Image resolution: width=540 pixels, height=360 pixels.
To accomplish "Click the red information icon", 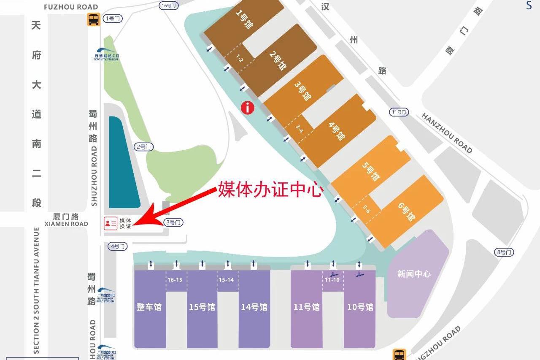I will (x=248, y=108).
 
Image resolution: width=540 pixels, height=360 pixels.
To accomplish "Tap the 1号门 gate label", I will (x=113, y=19).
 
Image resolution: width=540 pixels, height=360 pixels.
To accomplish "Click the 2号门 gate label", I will (x=143, y=147).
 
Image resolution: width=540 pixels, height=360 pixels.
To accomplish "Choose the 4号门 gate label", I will (x=117, y=246).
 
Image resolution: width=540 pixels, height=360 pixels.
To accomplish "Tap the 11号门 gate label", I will (x=399, y=112).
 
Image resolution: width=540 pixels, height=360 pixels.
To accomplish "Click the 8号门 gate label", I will (x=504, y=252).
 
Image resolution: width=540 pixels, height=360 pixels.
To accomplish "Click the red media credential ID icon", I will (x=111, y=223).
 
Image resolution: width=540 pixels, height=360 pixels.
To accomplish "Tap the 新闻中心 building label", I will (x=414, y=274).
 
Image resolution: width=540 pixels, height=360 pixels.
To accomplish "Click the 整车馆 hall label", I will (x=149, y=307).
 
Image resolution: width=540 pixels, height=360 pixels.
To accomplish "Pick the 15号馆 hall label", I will (x=202, y=307).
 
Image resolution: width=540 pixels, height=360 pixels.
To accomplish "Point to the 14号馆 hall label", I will (x=254, y=307).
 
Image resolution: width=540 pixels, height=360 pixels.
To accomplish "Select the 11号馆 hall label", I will (x=307, y=307).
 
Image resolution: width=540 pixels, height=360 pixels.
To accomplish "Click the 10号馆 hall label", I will (x=360, y=307).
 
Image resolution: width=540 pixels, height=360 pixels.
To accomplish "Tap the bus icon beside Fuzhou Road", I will (x=94, y=19).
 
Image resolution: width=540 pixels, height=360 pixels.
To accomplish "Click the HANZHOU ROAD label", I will (x=447, y=133).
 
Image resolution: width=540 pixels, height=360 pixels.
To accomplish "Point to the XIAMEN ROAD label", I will (x=66, y=224).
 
